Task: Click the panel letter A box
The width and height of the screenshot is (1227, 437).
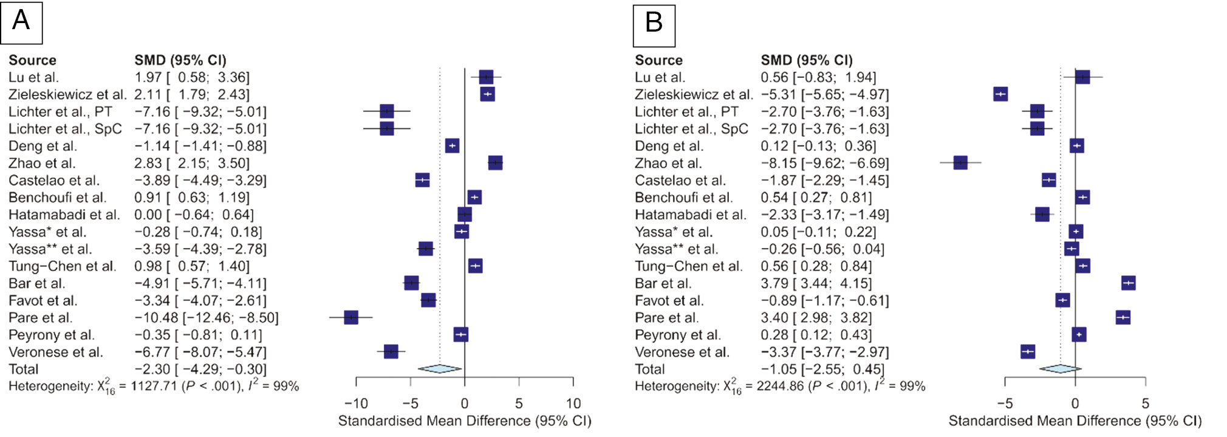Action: click(x=21, y=22)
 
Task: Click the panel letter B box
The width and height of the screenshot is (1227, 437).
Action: click(x=654, y=26)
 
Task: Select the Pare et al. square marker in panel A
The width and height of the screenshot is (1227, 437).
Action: click(x=351, y=317)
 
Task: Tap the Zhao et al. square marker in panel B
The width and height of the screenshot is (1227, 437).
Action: click(x=960, y=163)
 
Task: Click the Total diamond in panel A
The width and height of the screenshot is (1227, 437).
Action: click(x=440, y=368)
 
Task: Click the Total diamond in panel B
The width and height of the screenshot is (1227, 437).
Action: click(x=1061, y=368)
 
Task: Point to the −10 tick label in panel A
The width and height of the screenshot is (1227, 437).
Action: click(x=356, y=404)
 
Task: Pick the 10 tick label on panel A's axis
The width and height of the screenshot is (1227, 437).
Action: click(x=573, y=404)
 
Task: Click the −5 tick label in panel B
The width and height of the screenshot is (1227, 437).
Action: click(x=1005, y=404)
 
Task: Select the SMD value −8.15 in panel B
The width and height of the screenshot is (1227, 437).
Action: click(x=778, y=163)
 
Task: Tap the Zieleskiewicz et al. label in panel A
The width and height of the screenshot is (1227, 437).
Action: click(x=67, y=95)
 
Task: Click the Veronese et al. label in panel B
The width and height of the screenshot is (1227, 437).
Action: click(x=682, y=353)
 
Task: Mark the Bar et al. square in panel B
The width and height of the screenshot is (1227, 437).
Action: click(x=1129, y=283)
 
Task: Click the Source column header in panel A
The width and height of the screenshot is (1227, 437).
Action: click(x=32, y=60)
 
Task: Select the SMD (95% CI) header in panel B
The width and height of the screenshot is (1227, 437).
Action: click(x=807, y=60)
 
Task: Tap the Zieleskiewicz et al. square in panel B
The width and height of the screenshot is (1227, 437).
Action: click(x=1000, y=94)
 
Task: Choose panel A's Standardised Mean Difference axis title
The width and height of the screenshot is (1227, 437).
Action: click(x=465, y=421)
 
